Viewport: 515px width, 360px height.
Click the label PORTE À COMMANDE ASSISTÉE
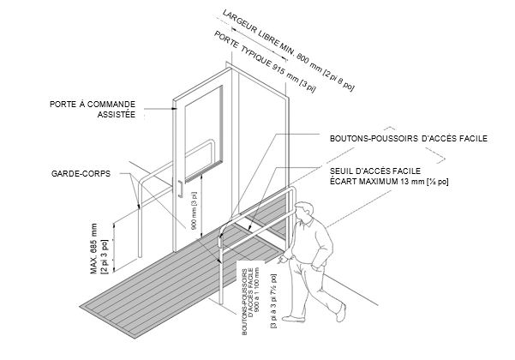(98, 108)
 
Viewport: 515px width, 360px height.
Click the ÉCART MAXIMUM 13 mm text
(390, 182)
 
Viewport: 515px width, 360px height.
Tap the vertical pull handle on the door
(178, 189)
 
